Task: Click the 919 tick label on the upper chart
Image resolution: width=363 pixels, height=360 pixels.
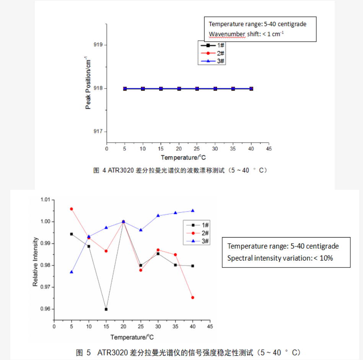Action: (98, 45)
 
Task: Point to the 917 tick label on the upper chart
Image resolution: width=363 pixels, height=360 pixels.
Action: (98, 132)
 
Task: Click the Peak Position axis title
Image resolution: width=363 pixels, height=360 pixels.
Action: (88, 83)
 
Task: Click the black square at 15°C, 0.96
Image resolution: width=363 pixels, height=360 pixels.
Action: (106, 309)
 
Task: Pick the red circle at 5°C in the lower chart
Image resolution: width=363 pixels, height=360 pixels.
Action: (72, 209)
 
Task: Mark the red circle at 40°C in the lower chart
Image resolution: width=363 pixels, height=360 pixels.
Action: (192, 297)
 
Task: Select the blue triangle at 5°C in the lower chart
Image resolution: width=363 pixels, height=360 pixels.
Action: (72, 272)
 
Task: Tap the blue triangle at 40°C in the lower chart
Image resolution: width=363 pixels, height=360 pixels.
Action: (192, 210)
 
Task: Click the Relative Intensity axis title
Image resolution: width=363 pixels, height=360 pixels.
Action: (35, 262)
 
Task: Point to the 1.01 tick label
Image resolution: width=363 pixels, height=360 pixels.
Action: (45, 200)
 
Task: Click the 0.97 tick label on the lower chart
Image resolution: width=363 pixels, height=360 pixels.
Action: (45, 287)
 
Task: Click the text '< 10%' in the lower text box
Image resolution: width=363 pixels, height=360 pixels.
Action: (323, 258)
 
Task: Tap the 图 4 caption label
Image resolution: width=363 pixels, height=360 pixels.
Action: (99, 170)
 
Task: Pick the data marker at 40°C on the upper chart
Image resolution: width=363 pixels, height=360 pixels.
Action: (251, 88)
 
